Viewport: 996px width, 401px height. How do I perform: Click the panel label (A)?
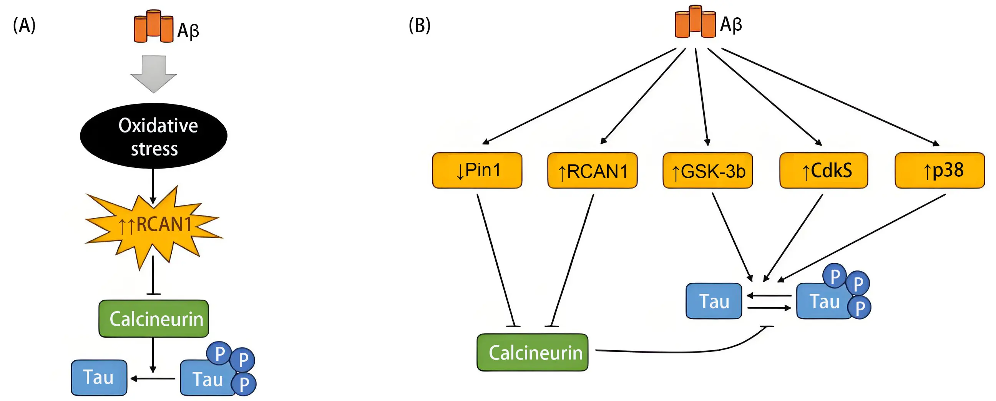[x=24, y=26]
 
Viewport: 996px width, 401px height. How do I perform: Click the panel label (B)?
[x=420, y=26]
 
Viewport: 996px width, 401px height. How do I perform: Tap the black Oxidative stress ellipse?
[x=153, y=136]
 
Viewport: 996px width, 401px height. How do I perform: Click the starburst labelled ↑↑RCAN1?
[x=153, y=225]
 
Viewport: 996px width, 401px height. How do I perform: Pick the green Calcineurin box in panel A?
[x=153, y=319]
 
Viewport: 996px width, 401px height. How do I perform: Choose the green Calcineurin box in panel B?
[x=533, y=352]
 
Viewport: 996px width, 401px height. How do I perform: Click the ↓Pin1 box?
[x=477, y=171]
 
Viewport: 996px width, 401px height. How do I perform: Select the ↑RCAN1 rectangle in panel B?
[x=593, y=171]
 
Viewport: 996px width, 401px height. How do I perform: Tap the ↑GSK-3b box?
[x=707, y=171]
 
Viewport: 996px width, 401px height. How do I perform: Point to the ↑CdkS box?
[x=823, y=171]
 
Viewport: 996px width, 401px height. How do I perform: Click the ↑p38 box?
[x=940, y=171]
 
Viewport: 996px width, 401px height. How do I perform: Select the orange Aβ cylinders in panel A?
[x=153, y=26]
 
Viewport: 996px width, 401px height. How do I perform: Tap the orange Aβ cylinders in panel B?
[x=695, y=22]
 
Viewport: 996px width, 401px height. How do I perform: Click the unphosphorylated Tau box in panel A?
[x=99, y=378]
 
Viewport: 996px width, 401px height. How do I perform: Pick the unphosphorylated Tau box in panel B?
[x=714, y=301]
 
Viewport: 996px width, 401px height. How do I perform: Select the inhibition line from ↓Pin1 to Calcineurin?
[x=496, y=261]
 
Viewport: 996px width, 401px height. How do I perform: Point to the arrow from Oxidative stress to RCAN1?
[x=153, y=186]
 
